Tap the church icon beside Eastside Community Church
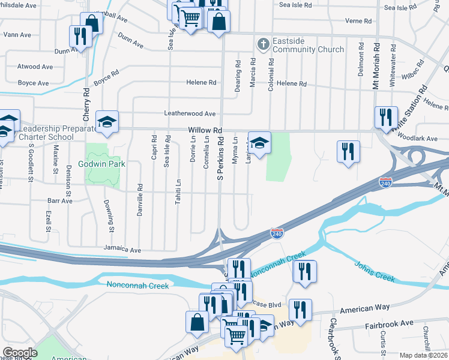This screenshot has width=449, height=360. point(262,44)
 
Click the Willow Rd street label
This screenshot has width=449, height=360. point(205,130)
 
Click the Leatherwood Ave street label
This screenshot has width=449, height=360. point(189,113)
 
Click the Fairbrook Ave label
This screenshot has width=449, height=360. point(390,323)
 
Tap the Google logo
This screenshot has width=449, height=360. point(20,353)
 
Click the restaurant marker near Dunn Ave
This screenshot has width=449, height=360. point(80,36)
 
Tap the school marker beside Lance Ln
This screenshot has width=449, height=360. point(259,143)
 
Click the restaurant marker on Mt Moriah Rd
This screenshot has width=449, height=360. point(385,117)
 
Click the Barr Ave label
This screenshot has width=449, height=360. point(60,201)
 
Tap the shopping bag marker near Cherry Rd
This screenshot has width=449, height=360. point(92,23)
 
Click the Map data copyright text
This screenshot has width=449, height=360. point(424,355)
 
